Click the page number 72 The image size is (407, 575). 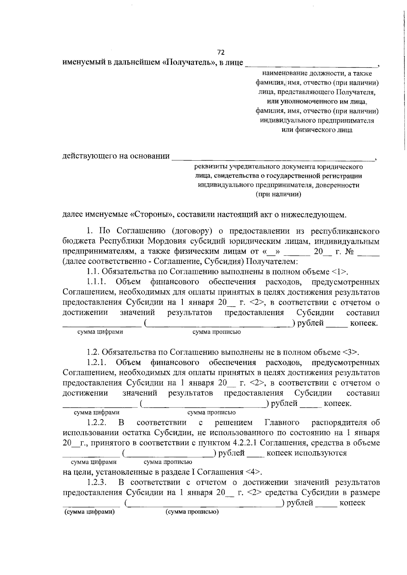pos(220,52)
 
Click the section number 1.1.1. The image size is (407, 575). pos(96,282)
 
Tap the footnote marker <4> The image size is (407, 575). pos(253,472)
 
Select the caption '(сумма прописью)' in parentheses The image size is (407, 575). pos(192,512)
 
